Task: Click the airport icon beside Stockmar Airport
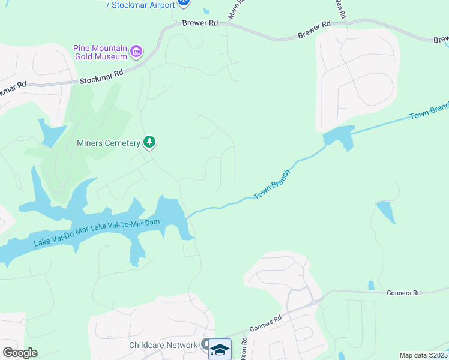point(184,3)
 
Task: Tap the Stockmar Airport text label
point(140,5)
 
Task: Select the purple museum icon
point(136,52)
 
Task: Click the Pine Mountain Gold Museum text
point(100,52)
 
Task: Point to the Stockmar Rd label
point(101,76)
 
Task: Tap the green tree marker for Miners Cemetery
point(149,142)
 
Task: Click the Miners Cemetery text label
point(108,143)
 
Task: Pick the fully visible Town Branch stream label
point(272,185)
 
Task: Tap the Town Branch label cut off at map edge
point(429,110)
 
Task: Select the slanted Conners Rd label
point(265,325)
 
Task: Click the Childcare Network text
point(163,345)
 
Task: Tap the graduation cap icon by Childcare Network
point(220,349)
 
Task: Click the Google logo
point(20,352)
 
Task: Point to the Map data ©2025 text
point(424,355)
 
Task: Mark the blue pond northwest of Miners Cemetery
point(50,132)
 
